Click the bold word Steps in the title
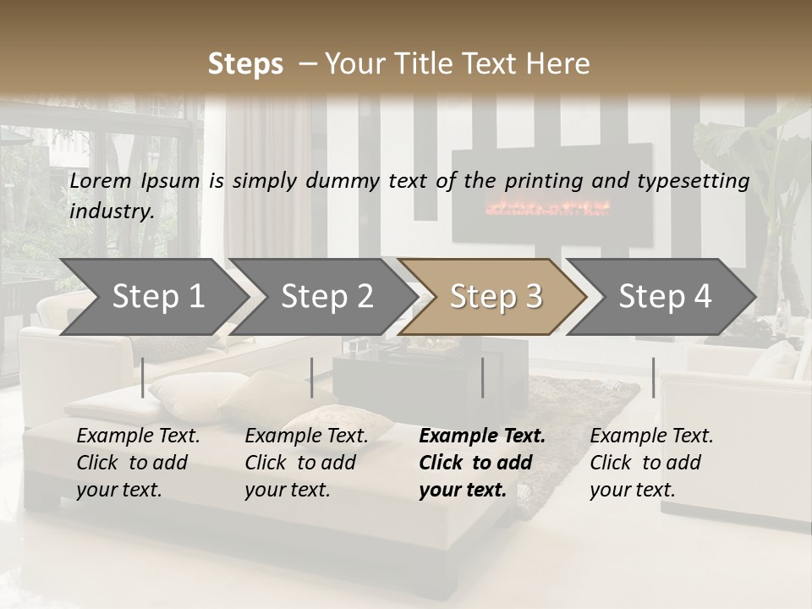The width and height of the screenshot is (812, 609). (245, 64)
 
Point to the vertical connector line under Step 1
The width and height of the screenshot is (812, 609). (143, 377)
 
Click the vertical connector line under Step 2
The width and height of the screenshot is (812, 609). (312, 377)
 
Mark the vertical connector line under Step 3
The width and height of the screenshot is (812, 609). (483, 377)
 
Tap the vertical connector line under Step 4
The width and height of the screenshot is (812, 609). (654, 377)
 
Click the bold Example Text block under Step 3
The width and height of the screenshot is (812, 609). (482, 463)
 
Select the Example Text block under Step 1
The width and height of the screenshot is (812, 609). (138, 463)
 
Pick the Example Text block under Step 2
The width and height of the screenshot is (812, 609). (306, 463)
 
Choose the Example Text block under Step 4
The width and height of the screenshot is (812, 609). (651, 463)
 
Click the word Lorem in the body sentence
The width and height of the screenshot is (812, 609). (101, 180)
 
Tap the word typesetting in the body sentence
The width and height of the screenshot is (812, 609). (696, 181)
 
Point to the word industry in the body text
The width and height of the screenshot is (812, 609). (112, 211)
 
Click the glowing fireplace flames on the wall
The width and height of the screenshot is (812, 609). (547, 207)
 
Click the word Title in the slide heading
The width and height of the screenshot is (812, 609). (447, 64)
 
